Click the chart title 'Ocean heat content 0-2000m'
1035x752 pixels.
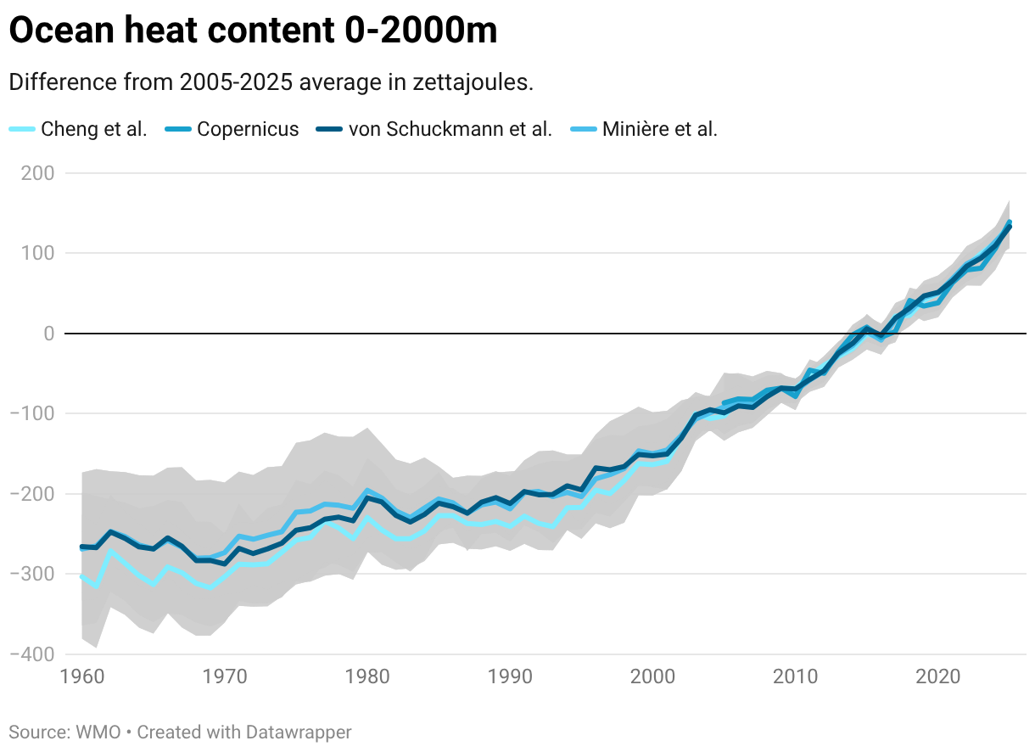[253, 31]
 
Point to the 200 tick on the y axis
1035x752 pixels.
[37, 173]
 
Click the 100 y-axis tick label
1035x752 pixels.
[37, 253]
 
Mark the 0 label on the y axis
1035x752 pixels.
[49, 334]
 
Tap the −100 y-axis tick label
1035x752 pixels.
[31, 413]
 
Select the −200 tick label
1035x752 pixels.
[31, 494]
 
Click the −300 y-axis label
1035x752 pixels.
[31, 574]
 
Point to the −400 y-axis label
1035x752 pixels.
[31, 654]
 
